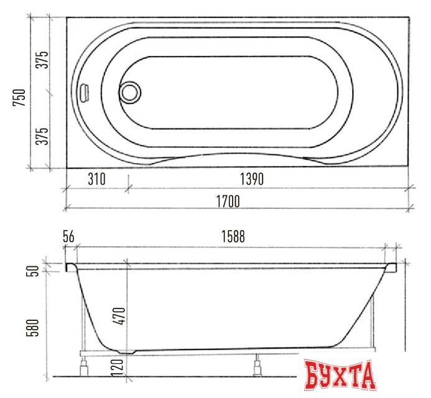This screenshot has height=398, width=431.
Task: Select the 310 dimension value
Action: point(96,180)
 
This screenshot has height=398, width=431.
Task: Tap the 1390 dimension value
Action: point(252,180)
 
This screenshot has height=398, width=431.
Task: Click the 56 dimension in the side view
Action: point(68,237)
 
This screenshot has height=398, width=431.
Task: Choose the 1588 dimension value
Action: point(231,237)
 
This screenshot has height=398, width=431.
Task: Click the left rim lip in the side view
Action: point(70,267)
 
